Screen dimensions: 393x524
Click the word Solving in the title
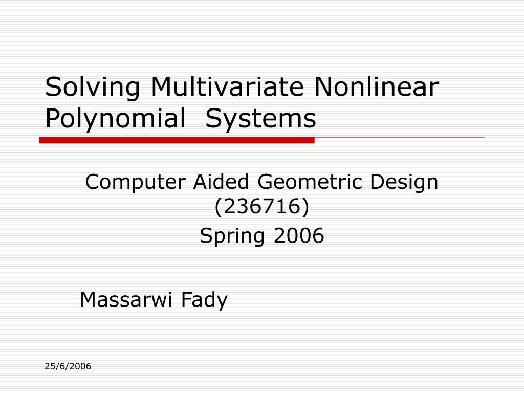pyautogui.click(x=92, y=88)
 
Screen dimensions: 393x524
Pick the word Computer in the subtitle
pyautogui.click(x=136, y=182)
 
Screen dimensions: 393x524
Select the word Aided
pyautogui.click(x=222, y=182)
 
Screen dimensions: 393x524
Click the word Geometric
pyautogui.click(x=310, y=182)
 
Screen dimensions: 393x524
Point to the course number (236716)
pyautogui.click(x=261, y=207)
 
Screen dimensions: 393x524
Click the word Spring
pyautogui.click(x=233, y=236)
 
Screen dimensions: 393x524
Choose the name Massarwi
pyautogui.click(x=127, y=299)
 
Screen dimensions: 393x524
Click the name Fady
pyautogui.click(x=204, y=300)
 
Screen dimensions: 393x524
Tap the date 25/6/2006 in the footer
pyautogui.click(x=68, y=366)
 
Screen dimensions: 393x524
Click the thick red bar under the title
pyautogui.click(x=177, y=140)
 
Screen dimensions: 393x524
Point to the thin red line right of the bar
pyautogui.click(x=399, y=138)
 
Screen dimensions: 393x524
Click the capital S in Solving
pyautogui.click(x=52, y=88)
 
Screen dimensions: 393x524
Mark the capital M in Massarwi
pyautogui.click(x=88, y=299)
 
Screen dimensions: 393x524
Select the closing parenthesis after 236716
pyautogui.click(x=305, y=207)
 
